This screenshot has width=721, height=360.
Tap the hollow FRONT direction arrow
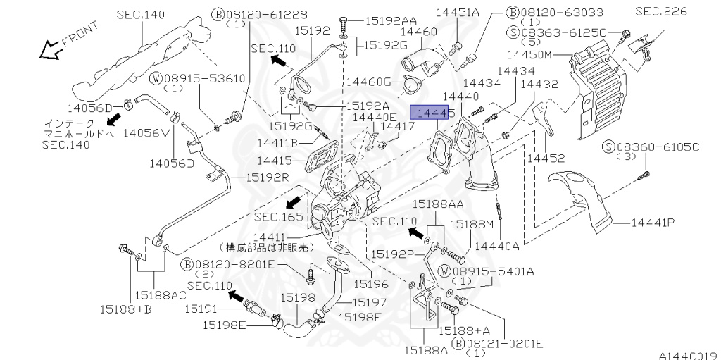[x=51, y=50]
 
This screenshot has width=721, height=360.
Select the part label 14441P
[x=653, y=223]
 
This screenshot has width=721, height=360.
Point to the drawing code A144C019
[x=689, y=355]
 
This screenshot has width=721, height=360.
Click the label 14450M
[x=529, y=55]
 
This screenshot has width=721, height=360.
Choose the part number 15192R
[x=267, y=178]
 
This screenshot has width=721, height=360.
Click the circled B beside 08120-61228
[x=218, y=15]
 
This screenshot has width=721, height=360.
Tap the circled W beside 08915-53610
[x=157, y=79]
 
